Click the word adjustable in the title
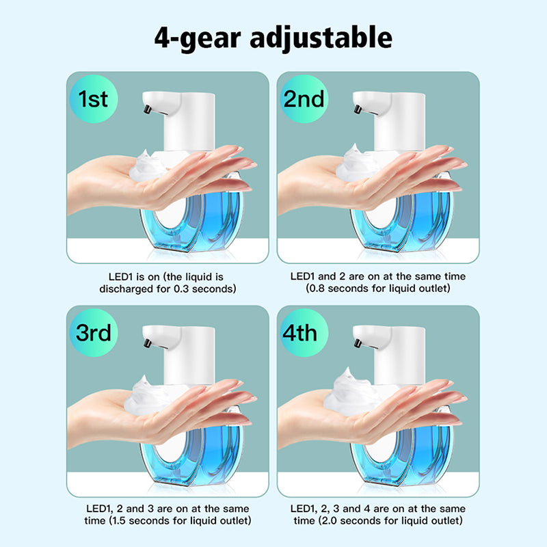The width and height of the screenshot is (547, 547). click(321, 38)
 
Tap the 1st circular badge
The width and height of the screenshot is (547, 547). click(94, 98)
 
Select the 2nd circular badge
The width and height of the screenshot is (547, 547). click(304, 98)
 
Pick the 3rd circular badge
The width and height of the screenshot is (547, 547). click(94, 333)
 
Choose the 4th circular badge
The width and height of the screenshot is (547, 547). click(304, 333)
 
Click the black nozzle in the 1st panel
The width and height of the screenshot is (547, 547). click(147, 109)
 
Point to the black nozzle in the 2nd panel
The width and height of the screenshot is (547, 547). click(358, 109)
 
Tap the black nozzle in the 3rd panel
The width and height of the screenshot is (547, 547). click(147, 344)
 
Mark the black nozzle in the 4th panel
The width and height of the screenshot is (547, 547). click(358, 344)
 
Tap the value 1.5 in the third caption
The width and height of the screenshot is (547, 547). click(119, 521)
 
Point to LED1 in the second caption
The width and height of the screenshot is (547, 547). click(303, 277)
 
